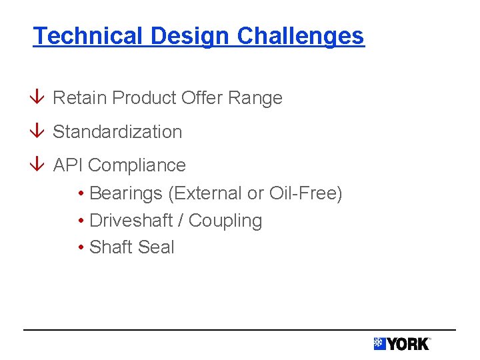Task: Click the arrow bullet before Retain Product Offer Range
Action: click(39, 98)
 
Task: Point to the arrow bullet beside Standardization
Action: click(39, 131)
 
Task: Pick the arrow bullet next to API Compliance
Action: click(39, 165)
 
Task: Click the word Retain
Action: click(79, 98)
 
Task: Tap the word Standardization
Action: click(117, 131)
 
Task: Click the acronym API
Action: click(68, 165)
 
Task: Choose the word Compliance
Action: click(137, 165)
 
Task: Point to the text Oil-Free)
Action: click(305, 193)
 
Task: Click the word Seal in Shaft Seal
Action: click(157, 247)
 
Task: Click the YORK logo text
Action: click(409, 344)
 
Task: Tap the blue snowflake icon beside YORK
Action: click(379, 344)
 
